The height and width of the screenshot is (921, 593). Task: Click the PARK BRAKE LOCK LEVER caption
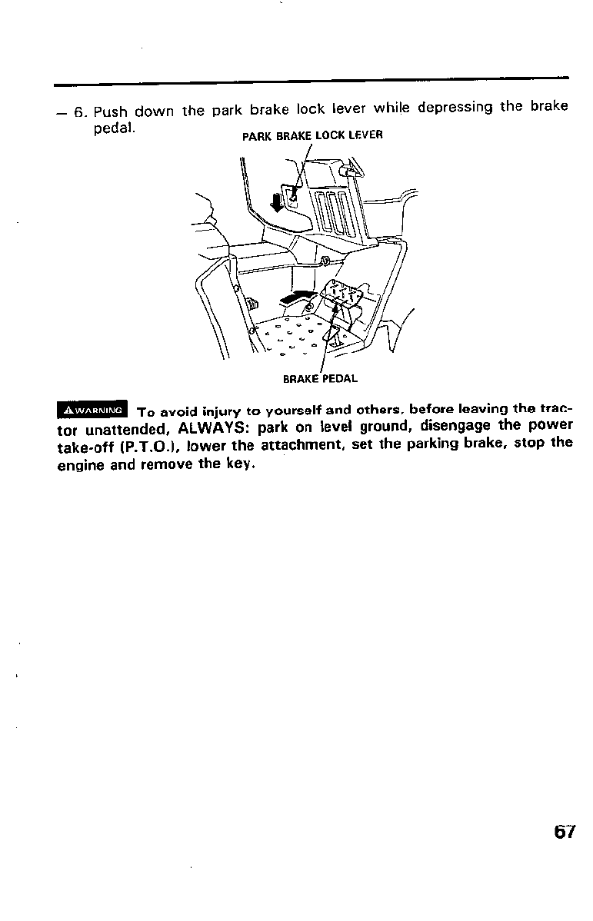click(x=312, y=136)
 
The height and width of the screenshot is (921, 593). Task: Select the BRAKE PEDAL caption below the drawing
click(x=321, y=378)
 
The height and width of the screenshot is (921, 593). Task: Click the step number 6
click(x=79, y=112)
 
